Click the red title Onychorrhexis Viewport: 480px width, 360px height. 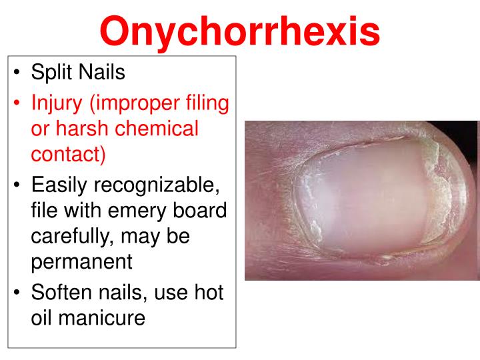(x=240, y=30)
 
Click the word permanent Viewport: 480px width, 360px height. (x=82, y=262)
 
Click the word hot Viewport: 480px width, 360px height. (x=206, y=293)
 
